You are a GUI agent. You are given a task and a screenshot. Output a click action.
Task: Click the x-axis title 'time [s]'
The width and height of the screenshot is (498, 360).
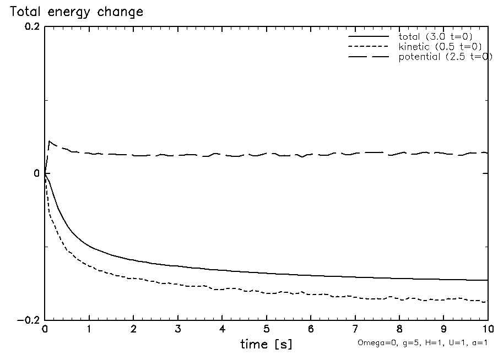(266, 345)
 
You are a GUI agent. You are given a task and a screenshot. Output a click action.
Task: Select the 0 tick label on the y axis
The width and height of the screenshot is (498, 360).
(37, 173)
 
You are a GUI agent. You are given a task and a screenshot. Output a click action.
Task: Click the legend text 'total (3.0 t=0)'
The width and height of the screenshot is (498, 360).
(435, 36)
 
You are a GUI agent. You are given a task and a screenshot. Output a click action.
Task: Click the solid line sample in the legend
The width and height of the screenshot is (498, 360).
(368, 36)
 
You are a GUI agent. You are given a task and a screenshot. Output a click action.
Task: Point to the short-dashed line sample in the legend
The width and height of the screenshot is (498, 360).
(368, 47)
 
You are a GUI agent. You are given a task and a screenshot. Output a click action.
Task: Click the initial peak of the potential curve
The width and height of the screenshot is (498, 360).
(50, 141)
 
